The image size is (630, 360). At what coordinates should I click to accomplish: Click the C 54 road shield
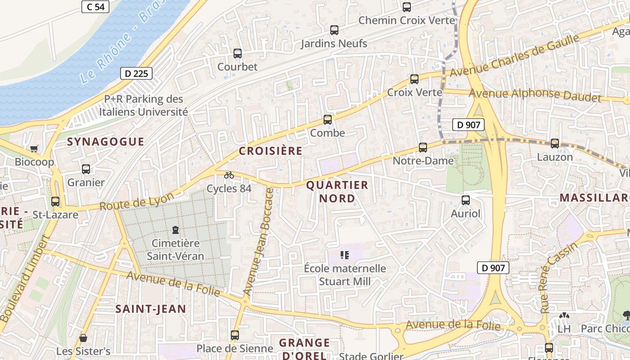pyautogui.click(x=95, y=7)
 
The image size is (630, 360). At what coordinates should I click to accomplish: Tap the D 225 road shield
pyautogui.click(x=136, y=73)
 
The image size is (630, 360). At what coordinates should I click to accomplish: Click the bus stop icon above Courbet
pyautogui.click(x=238, y=54)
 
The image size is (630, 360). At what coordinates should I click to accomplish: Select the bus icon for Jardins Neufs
pyautogui.click(x=334, y=30)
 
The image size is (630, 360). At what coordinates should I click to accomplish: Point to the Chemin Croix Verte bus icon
pyautogui.click(x=406, y=7)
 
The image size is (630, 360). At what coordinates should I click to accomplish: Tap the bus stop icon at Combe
pyautogui.click(x=328, y=120)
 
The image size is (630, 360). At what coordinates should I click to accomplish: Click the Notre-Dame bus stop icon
pyautogui.click(x=423, y=147)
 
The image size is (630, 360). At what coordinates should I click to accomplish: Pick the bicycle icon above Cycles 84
pyautogui.click(x=229, y=175)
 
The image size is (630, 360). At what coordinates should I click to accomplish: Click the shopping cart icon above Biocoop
pyautogui.click(x=34, y=148)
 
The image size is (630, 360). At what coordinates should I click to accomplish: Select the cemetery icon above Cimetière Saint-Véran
pyautogui.click(x=175, y=230)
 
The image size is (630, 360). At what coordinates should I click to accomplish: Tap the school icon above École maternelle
pyautogui.click(x=345, y=255)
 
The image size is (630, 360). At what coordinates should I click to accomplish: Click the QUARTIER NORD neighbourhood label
pyautogui.click(x=337, y=192)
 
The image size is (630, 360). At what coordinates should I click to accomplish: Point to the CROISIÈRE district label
pyautogui.click(x=270, y=151)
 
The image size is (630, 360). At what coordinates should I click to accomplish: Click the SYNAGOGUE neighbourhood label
pyautogui.click(x=106, y=142)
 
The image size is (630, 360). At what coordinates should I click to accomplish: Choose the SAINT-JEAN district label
pyautogui.click(x=150, y=309)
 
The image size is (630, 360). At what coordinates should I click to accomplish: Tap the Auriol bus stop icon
pyautogui.click(x=466, y=200)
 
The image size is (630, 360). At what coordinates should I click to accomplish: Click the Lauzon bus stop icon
pyautogui.click(x=555, y=144)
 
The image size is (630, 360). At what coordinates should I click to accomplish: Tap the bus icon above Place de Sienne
pyautogui.click(x=235, y=335)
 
